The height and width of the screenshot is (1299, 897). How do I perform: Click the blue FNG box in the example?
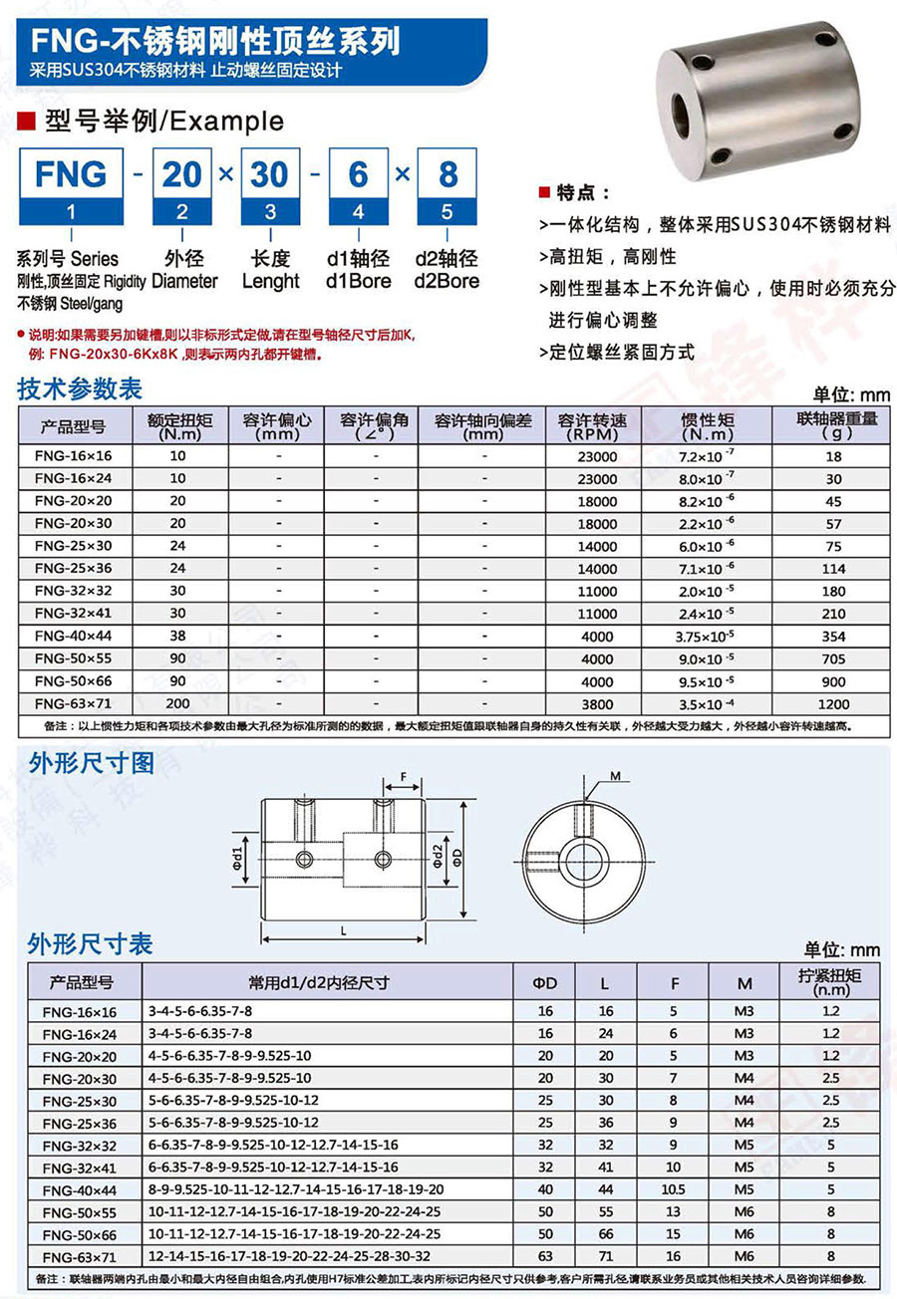click(70, 173)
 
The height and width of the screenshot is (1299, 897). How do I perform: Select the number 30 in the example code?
click(269, 173)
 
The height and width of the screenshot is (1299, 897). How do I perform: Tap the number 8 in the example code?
click(448, 173)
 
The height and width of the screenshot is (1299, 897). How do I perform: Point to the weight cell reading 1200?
click(833, 702)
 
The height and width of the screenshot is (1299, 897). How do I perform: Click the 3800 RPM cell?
click(598, 702)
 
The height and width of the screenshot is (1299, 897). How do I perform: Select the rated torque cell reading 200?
click(178, 702)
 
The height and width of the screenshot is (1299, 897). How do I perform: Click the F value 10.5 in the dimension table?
click(675, 1188)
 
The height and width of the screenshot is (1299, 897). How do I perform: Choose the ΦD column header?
click(544, 983)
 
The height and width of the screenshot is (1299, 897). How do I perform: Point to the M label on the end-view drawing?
click(615, 775)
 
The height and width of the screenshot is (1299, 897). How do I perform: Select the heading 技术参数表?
click(80, 390)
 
